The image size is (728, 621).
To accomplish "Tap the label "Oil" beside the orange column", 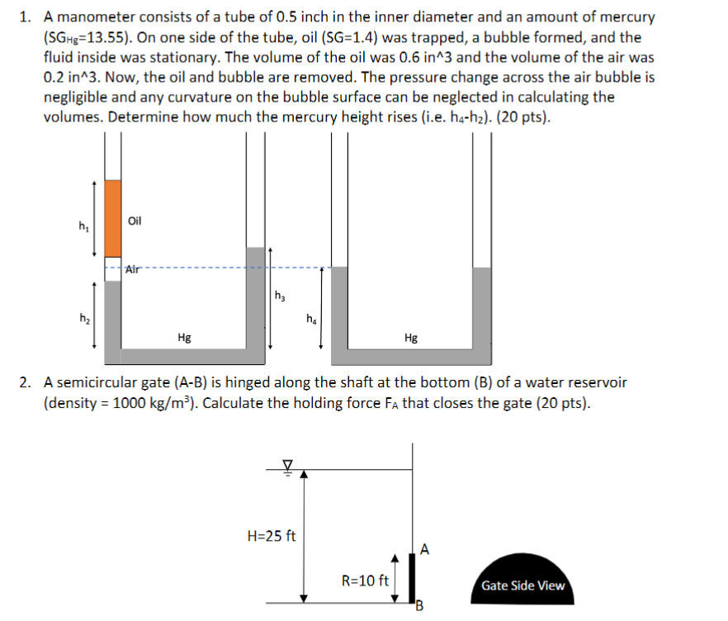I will coord(136,221).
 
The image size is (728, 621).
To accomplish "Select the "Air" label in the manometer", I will coord(134,268).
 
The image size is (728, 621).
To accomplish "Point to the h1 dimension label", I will coord(83,225).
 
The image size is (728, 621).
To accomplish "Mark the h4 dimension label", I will coord(310,319).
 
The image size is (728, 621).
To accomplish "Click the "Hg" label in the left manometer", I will coord(185,337).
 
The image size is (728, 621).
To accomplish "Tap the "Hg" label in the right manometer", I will coord(411,337).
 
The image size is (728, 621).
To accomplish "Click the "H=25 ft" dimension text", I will coord(272,535).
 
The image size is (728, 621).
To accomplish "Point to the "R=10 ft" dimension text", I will coord(365,580).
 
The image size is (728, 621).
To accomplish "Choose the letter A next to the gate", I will coord(424,548).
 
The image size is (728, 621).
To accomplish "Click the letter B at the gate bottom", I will coord(418,610).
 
